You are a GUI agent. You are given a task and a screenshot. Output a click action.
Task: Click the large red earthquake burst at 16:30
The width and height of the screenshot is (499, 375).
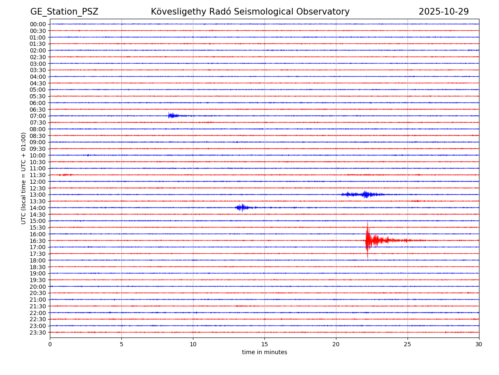tap(368, 240)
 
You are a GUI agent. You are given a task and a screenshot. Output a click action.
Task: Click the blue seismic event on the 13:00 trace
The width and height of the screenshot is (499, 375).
tap(365, 195)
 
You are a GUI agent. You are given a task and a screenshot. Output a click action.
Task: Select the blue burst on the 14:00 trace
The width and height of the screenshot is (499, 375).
tap(242, 207)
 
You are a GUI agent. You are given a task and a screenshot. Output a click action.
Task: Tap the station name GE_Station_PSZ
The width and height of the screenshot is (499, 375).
tap(64, 12)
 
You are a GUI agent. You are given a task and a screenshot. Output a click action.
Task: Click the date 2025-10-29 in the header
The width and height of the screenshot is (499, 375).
tap(443, 12)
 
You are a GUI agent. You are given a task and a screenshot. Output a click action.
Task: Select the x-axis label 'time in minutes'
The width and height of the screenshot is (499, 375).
tap(264, 352)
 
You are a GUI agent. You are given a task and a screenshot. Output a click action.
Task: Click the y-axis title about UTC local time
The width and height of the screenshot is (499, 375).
tap(24, 178)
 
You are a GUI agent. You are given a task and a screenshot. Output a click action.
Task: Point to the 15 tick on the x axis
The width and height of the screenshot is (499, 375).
tap(264, 344)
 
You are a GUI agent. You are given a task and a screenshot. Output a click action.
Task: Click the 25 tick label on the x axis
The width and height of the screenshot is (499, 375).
tap(408, 344)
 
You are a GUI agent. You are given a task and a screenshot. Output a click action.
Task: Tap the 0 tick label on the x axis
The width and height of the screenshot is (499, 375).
tap(50, 344)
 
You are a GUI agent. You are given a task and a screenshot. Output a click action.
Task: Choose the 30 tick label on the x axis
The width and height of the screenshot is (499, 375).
tap(479, 344)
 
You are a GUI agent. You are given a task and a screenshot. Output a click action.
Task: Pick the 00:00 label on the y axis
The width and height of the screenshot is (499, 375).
tap(38, 24)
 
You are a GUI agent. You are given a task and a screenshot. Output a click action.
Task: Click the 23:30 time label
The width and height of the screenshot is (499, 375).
tap(38, 332)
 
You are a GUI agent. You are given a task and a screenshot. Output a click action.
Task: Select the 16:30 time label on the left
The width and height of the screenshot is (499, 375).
tap(38, 241)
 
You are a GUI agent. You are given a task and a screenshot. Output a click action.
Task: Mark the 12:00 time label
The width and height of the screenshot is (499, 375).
tap(38, 182)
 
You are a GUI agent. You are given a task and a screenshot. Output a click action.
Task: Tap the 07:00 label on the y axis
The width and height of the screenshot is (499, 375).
tap(38, 116)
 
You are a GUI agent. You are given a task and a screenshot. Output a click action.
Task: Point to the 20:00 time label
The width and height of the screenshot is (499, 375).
tap(38, 287)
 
